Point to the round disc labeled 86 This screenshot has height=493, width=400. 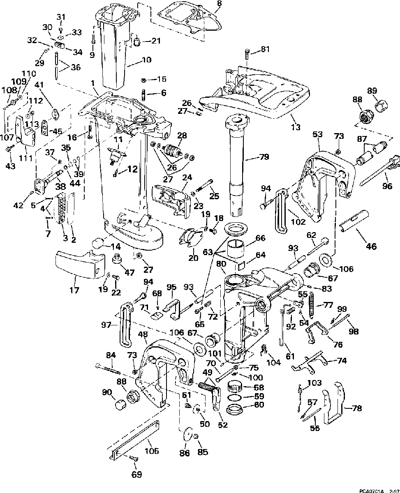point(186,435)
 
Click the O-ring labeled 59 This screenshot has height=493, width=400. point(235,397)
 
